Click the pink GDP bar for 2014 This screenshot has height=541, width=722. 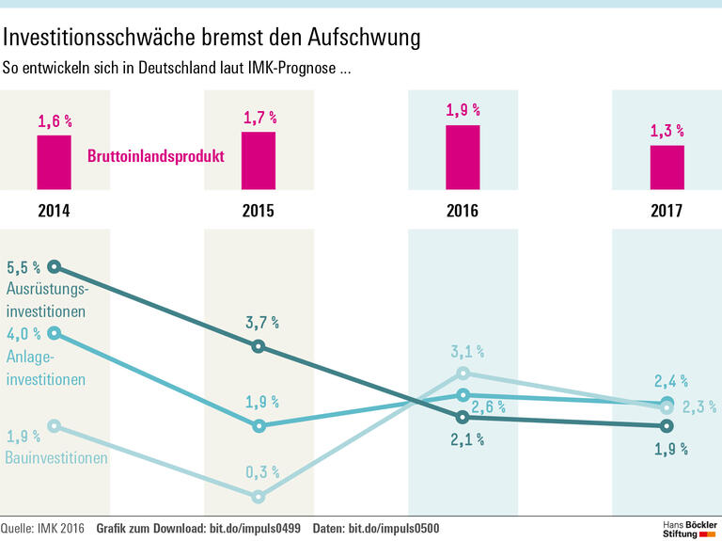[54, 163]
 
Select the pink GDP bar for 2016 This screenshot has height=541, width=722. [463, 157]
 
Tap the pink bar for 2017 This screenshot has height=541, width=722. [667, 167]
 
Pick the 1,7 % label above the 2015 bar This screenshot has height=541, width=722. [259, 118]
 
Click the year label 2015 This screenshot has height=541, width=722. [259, 211]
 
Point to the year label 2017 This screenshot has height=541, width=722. [667, 211]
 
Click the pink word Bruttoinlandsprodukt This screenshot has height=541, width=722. [155, 156]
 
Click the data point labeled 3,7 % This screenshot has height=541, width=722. [259, 347]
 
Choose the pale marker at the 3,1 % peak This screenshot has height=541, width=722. [463, 373]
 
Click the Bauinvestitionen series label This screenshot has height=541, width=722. [56, 458]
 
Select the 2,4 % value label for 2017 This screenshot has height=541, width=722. [670, 382]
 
